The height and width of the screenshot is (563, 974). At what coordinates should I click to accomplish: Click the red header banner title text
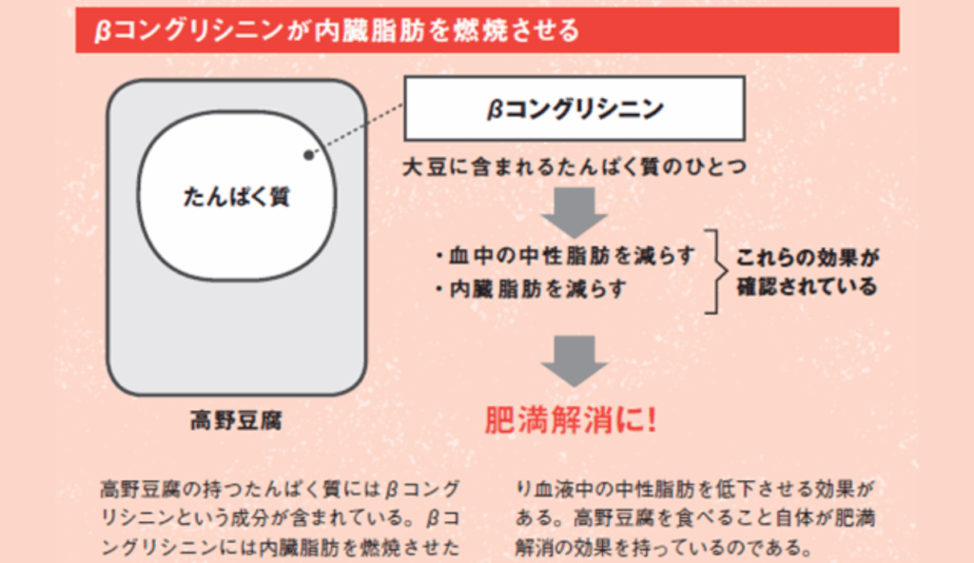pyautogui.click(x=337, y=31)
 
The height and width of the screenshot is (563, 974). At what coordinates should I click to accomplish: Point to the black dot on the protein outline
pyautogui.click(x=307, y=154)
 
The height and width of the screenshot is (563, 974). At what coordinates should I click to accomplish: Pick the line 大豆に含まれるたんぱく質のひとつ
pyautogui.click(x=575, y=166)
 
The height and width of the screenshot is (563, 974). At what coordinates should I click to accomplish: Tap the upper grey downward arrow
pyautogui.click(x=575, y=210)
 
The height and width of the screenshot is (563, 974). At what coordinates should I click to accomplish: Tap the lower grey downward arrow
pyautogui.click(x=575, y=359)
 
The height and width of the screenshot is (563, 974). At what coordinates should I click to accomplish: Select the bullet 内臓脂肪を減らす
pyautogui.click(x=537, y=289)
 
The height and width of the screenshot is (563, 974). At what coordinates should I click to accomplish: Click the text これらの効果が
pyautogui.click(x=807, y=257)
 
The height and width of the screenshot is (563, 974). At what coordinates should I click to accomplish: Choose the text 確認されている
pyautogui.click(x=807, y=286)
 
